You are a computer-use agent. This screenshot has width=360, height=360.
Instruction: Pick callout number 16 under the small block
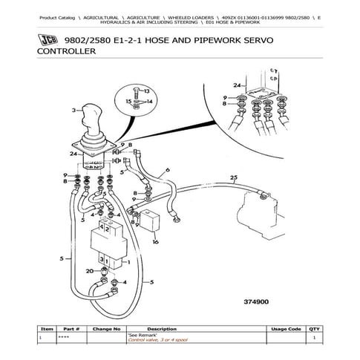(155, 242)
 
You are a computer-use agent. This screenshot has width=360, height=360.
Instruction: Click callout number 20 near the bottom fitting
(89, 271)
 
